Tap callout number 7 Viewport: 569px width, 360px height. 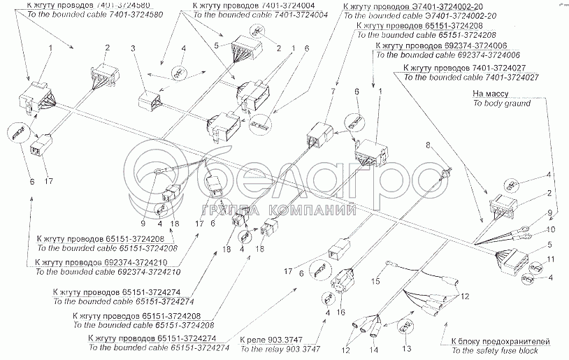pos(333,92)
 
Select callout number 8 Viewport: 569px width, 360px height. pos(428,145)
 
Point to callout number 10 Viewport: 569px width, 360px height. pos(552,229)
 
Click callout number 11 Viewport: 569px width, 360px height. pos(552,259)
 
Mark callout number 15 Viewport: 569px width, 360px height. pos(375,281)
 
